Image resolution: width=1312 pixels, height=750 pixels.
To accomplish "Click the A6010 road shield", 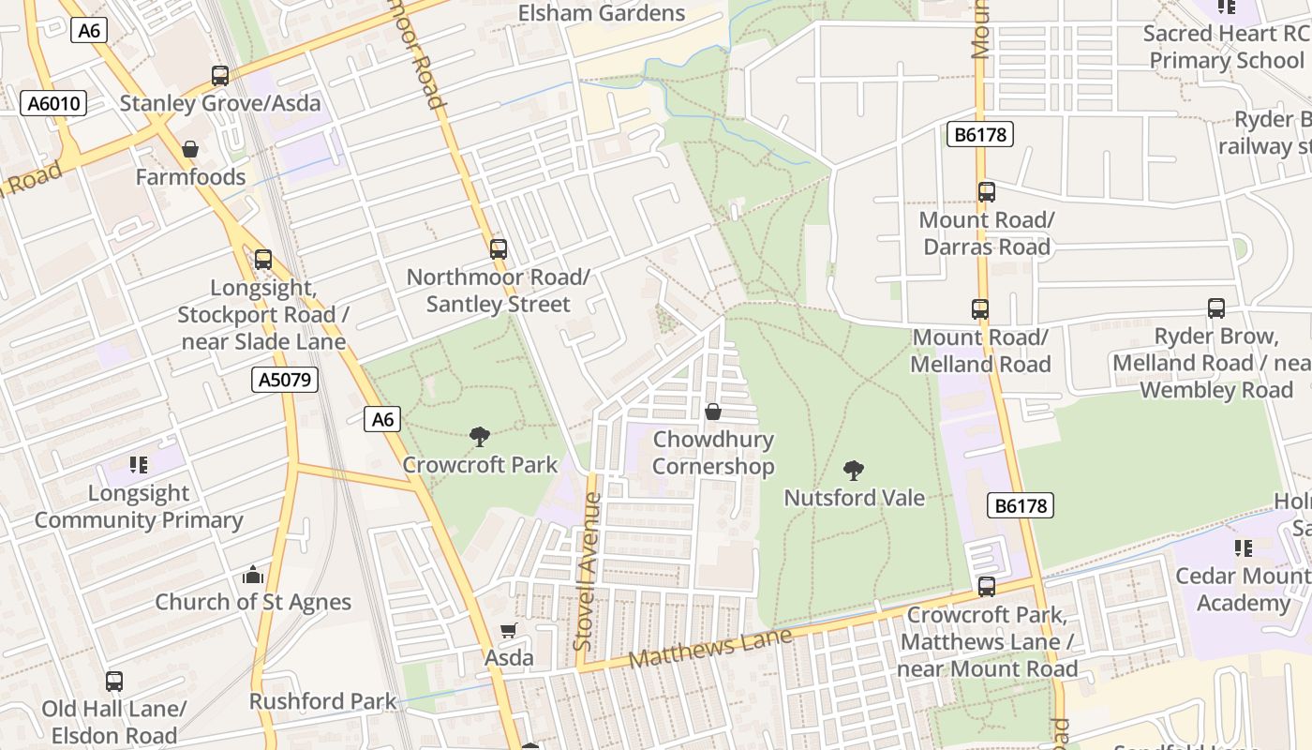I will [53, 103].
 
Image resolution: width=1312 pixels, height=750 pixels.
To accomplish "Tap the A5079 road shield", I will [286, 380].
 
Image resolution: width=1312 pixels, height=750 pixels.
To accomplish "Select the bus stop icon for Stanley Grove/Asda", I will [220, 76].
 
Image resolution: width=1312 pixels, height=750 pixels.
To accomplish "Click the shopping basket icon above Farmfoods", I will [190, 149].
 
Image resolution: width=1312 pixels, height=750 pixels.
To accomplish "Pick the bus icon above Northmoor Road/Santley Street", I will [499, 249].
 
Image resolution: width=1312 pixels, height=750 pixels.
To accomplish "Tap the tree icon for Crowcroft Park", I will [480, 436].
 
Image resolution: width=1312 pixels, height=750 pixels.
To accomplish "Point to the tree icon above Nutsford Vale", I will [853, 470].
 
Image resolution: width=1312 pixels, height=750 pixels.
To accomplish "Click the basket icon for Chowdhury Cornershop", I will [713, 412].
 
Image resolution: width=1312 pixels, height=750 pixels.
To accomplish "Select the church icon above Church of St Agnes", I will [253, 575].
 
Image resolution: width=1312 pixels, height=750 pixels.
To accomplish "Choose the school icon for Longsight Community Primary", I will [139, 465].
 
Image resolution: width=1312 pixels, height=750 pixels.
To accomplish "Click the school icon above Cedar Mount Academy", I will [1244, 548].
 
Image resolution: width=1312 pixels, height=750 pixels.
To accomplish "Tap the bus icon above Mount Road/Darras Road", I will [986, 192].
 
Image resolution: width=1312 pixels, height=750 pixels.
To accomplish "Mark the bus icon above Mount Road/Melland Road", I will [980, 309].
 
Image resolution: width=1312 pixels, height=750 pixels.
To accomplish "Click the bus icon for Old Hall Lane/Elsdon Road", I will [114, 682].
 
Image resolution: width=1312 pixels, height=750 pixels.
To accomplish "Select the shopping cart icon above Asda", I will [509, 631].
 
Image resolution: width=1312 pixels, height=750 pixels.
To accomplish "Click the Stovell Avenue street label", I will [585, 572].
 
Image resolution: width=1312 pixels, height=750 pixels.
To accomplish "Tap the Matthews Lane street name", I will [709, 648].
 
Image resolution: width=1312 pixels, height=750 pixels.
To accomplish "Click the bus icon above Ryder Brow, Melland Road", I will [1216, 308].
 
